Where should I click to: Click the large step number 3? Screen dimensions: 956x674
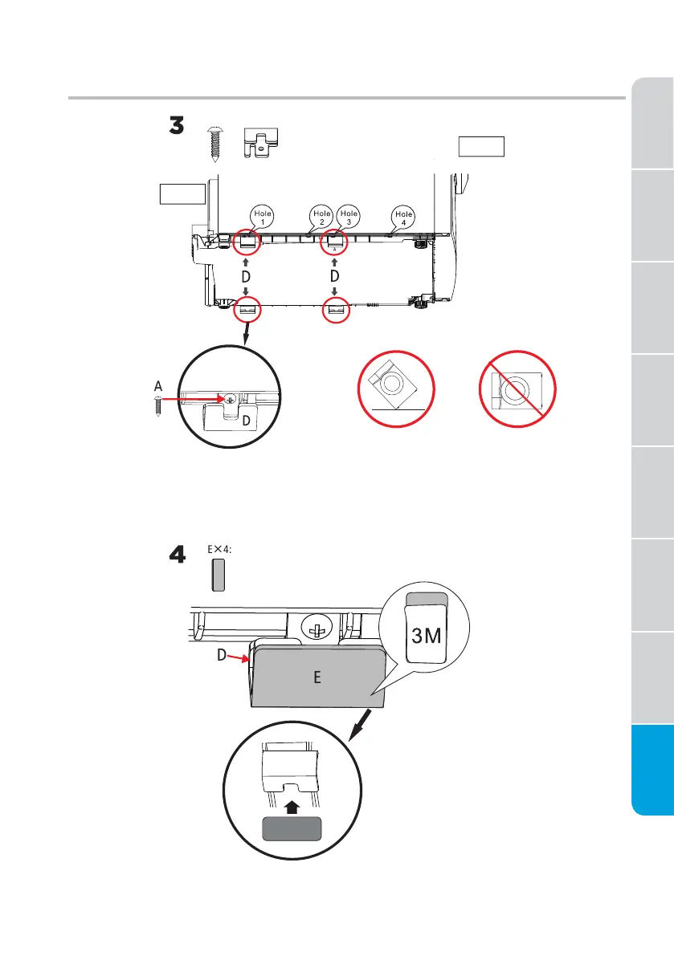pos(177,127)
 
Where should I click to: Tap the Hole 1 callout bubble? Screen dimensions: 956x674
pos(263,218)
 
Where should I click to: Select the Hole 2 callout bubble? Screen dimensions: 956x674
pos(321,218)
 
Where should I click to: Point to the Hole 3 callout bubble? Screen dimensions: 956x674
pos(348,218)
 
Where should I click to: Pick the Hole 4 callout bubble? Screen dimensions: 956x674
pos(403,218)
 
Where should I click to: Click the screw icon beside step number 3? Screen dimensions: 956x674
pos(214,144)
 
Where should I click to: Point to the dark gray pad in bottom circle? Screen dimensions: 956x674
pos(291,828)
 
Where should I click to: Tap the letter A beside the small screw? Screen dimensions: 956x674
pos(158,386)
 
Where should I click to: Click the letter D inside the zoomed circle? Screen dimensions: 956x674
pos(247,421)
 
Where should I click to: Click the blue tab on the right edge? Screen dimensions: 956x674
pos(652,771)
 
